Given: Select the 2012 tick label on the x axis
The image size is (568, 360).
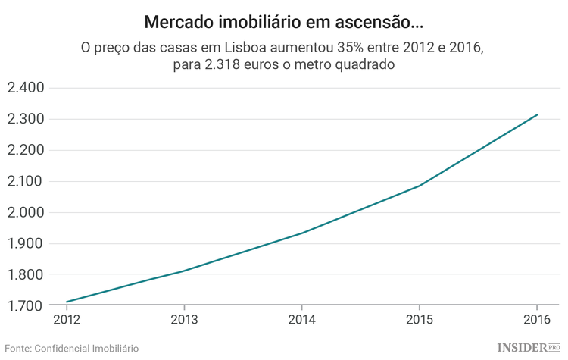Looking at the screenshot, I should (67, 320).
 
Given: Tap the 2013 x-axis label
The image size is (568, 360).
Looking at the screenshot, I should (184, 320).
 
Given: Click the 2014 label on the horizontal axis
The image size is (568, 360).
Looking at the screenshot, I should (301, 320).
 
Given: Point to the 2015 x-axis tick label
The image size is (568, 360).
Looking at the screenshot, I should (419, 320).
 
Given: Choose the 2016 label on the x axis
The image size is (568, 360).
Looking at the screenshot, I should (536, 320).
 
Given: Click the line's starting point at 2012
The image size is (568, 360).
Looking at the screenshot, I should (67, 302).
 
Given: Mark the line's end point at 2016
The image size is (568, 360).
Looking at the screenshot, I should (537, 115).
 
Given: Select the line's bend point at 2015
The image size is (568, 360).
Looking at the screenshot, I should (419, 186).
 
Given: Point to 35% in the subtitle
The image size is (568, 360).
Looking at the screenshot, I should (320, 48).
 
